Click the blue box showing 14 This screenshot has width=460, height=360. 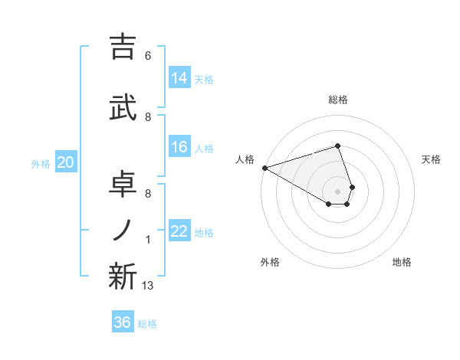pyautogui.click(x=179, y=78)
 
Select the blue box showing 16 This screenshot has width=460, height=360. pyautogui.click(x=179, y=148)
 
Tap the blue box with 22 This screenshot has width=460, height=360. pyautogui.click(x=179, y=231)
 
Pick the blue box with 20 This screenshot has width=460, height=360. pyautogui.click(x=66, y=162)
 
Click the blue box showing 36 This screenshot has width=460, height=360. pyautogui.click(x=123, y=322)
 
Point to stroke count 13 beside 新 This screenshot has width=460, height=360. pyautogui.click(x=149, y=286)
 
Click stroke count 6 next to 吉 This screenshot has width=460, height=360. pyautogui.click(x=148, y=56)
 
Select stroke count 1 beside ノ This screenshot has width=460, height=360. pyautogui.click(x=148, y=240)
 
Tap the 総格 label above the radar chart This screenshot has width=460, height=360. pyautogui.click(x=337, y=100)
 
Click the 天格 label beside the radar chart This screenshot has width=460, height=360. pyautogui.click(x=431, y=159)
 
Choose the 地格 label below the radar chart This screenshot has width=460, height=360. pyautogui.click(x=402, y=262)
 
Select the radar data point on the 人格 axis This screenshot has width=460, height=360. pyautogui.click(x=264, y=167)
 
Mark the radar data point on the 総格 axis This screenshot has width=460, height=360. pyautogui.click(x=337, y=146)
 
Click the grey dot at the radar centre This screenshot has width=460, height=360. pyautogui.click(x=337, y=191)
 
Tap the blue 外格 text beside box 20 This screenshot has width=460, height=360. pyautogui.click(x=41, y=163)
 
